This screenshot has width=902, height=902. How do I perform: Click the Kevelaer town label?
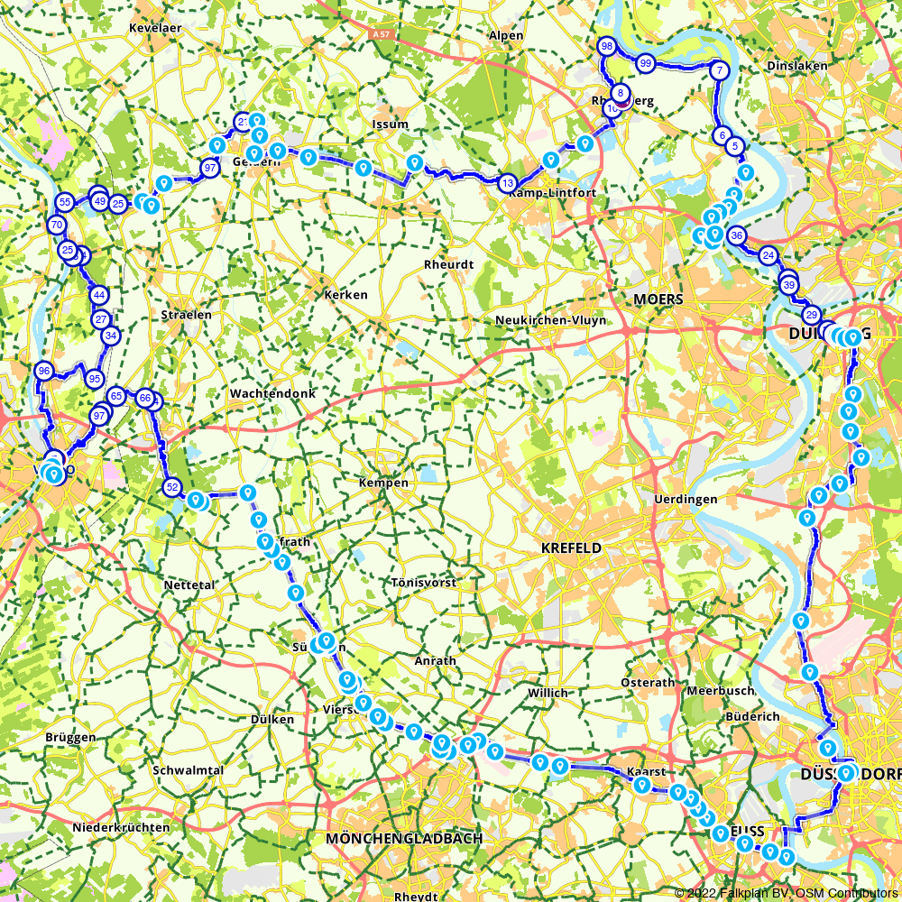point(155,28)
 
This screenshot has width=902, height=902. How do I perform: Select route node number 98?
point(606,46)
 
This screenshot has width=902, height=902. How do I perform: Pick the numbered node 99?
point(645,63)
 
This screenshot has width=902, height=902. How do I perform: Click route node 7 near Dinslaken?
point(719,69)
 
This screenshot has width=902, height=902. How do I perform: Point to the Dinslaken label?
point(796,66)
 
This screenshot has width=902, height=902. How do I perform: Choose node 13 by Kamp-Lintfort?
point(507,183)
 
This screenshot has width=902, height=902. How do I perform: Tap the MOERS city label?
point(658,299)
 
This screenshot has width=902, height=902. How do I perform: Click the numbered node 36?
point(736,236)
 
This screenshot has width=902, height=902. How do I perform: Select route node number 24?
point(768,255)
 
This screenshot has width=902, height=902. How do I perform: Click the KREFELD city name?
point(570,548)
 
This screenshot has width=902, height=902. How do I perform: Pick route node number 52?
point(172,487)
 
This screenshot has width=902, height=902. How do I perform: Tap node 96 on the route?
point(43,371)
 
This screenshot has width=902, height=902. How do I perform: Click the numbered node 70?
point(57,225)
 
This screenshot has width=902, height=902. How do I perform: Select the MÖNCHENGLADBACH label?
point(404,839)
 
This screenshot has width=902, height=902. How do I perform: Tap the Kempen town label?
point(383,483)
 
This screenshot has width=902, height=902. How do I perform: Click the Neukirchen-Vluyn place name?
point(550,320)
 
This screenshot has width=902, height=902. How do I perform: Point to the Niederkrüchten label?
point(121,827)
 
